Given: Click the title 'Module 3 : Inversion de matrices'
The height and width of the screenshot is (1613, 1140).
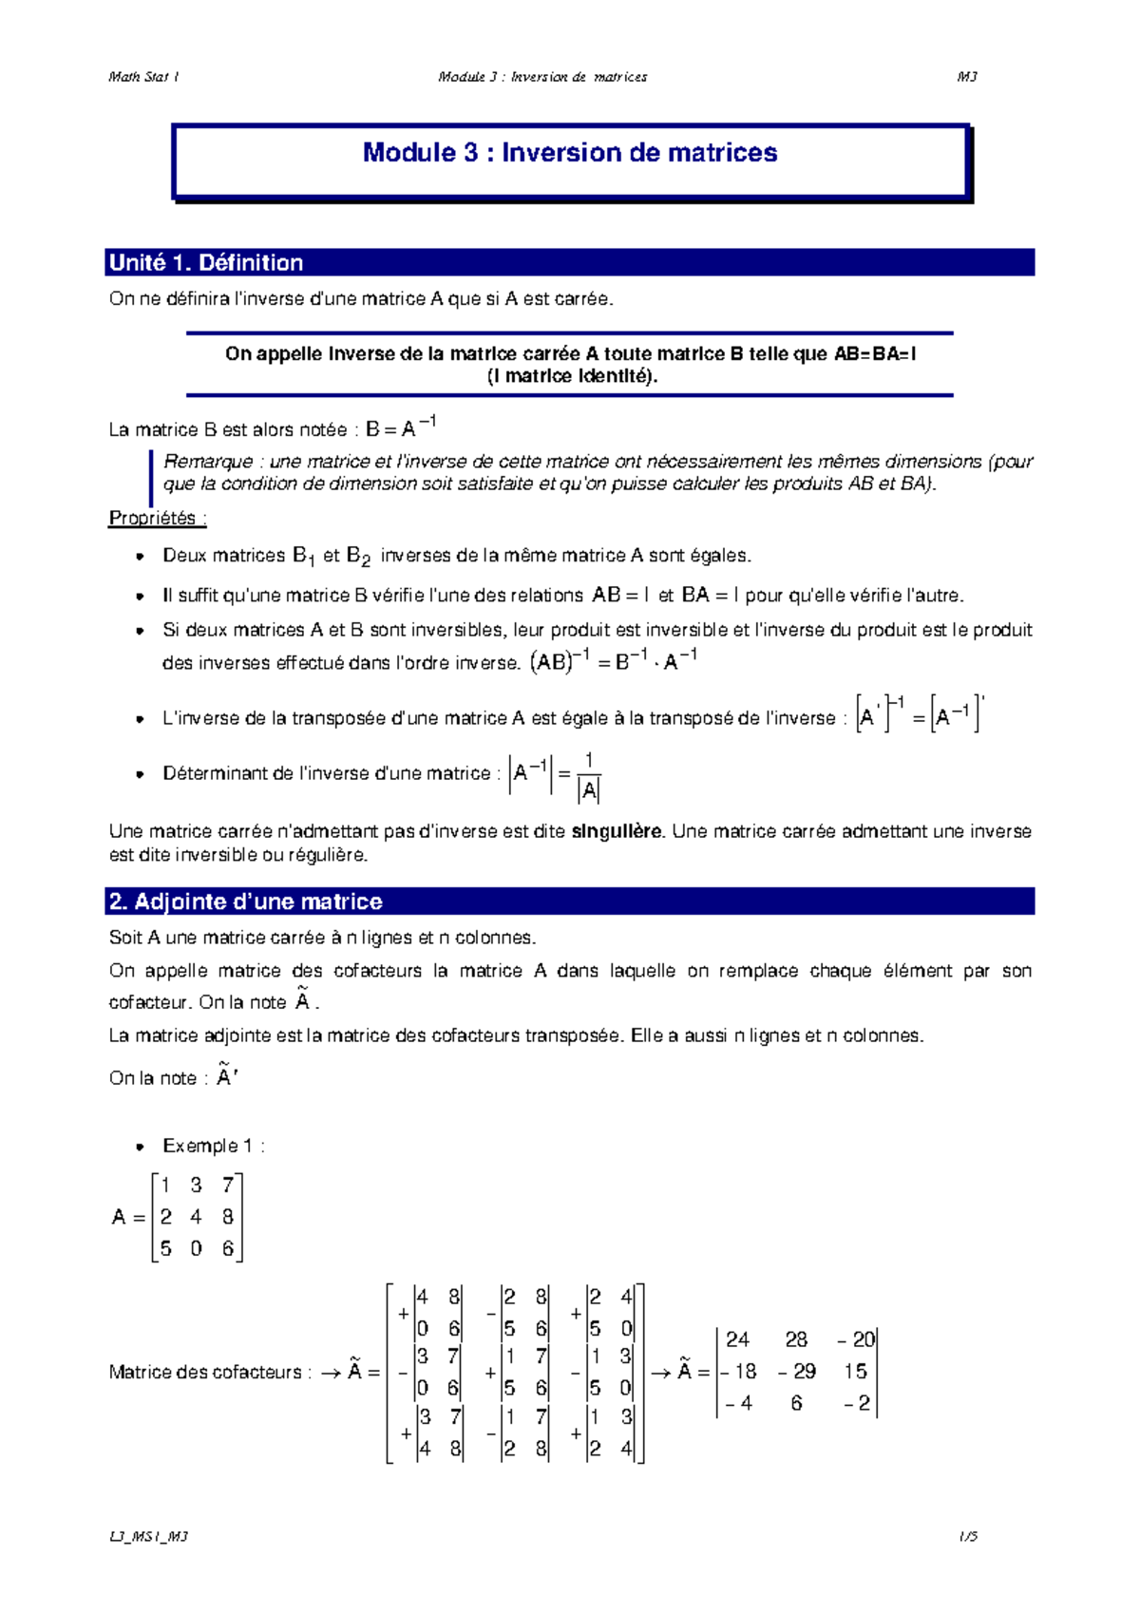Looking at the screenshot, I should coord(570,153).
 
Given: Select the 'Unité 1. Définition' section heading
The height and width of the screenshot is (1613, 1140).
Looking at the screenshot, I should coord(206,263).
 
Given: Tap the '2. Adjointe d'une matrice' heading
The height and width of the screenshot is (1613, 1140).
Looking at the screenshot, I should coord(246,901).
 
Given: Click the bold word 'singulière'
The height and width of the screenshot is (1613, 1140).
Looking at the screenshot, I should coord(617,831).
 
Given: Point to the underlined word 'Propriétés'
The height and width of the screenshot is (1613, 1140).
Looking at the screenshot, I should coord(153,518).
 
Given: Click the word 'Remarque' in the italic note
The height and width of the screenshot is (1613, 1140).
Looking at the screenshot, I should coord(208,462).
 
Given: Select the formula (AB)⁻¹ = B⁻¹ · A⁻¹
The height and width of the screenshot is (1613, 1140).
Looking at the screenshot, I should coord(614,661).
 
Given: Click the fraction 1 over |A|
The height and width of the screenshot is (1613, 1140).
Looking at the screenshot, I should coord(589,776).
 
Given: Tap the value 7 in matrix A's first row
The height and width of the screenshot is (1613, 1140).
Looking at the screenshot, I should coord(228,1185).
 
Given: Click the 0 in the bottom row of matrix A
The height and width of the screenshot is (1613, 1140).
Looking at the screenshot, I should coord(196,1249).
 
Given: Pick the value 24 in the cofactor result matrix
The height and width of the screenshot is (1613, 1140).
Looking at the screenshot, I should coord(737,1339).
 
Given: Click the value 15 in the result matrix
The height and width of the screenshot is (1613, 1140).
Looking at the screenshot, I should coord(855,1372).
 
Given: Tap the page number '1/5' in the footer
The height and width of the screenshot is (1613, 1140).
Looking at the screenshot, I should coord(968,1536).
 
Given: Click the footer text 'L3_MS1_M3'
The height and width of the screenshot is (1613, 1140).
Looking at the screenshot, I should coord(148,1536).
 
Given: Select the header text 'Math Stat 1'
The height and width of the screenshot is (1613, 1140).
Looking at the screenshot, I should coord(143,77).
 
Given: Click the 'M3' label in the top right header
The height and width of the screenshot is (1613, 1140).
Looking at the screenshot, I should coord(967,77).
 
